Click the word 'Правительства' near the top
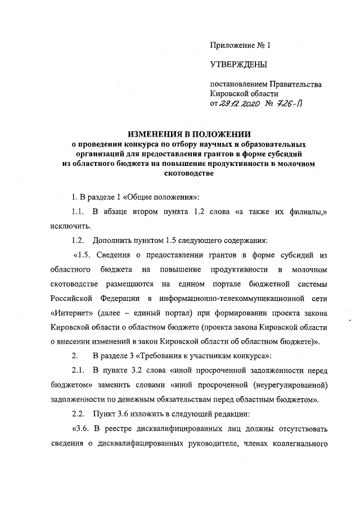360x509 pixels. pos(295,84)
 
